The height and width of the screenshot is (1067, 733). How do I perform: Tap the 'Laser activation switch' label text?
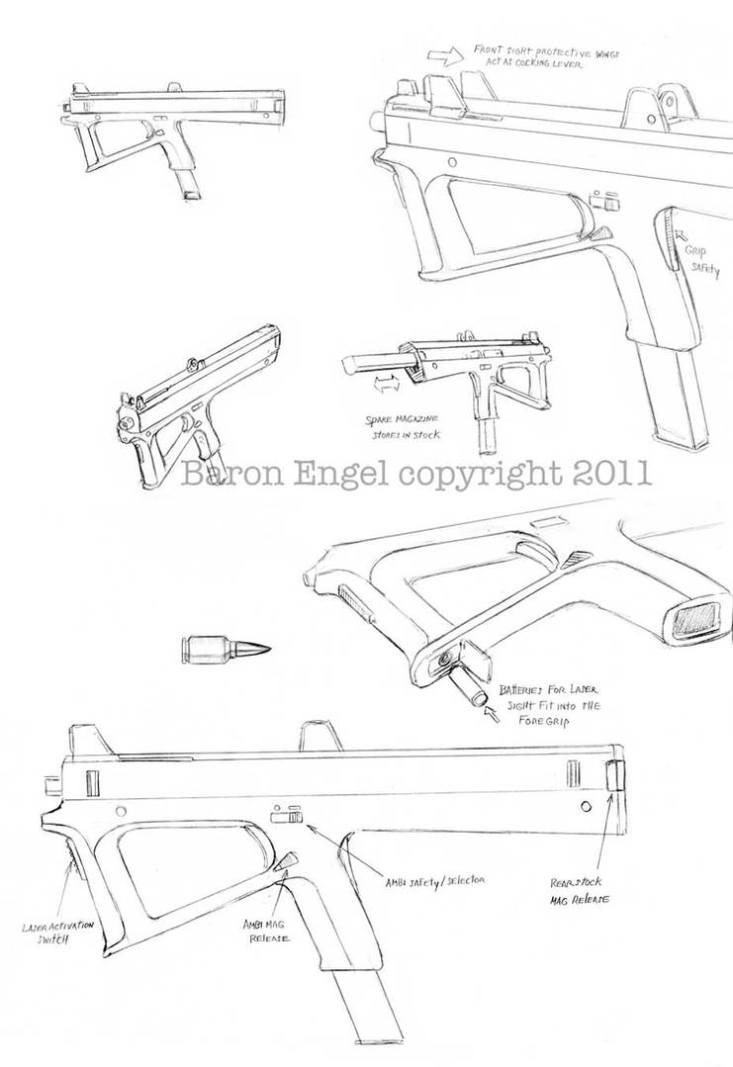pyautogui.click(x=56, y=933)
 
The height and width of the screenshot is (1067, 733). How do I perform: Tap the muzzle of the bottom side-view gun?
pyautogui.click(x=49, y=787)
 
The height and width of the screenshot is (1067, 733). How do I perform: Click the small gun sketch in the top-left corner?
pyautogui.click(x=173, y=127)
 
